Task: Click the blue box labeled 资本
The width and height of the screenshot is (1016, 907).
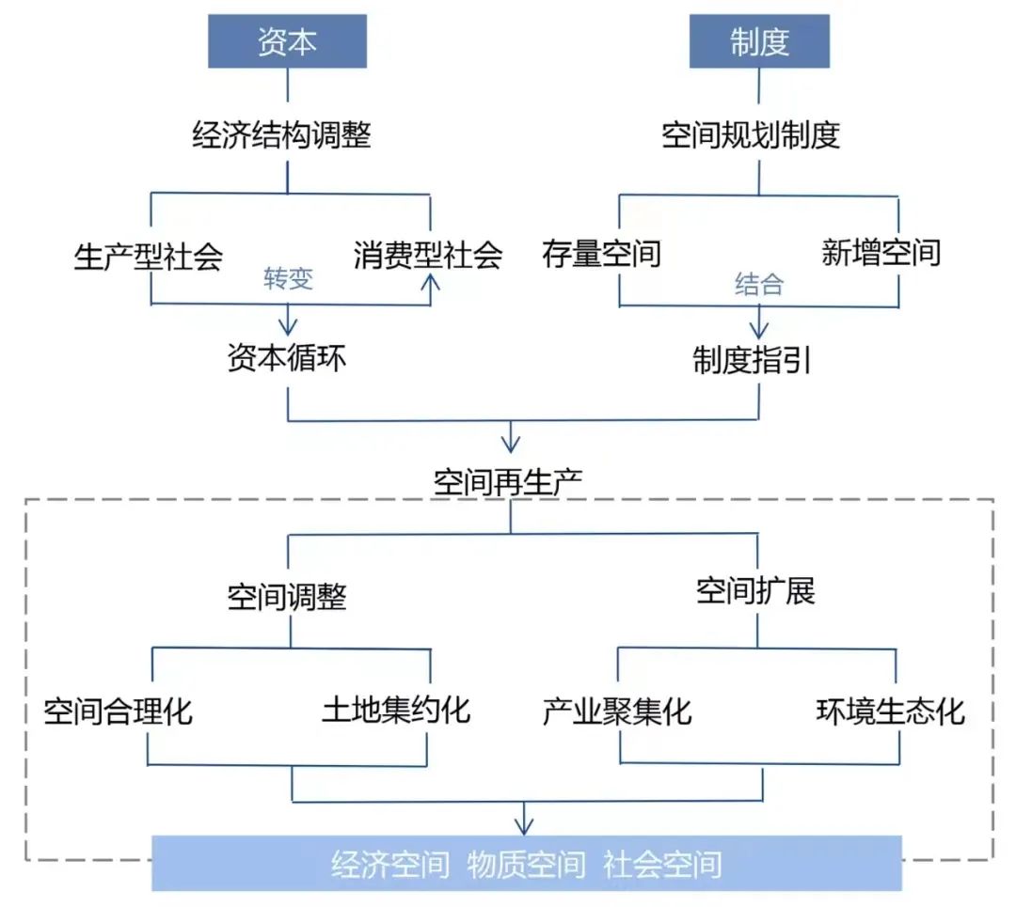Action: tap(287, 42)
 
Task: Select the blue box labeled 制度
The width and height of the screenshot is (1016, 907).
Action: tap(759, 42)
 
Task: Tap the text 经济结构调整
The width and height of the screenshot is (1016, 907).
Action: tap(281, 136)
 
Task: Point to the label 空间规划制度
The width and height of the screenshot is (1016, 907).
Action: tap(750, 136)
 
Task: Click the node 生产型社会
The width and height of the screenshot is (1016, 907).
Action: tap(148, 256)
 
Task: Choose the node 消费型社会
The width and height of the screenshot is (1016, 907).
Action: tap(428, 256)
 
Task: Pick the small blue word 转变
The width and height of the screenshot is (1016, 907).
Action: tap(288, 280)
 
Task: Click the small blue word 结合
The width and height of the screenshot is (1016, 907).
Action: tap(758, 285)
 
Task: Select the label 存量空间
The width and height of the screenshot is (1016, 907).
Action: tap(601, 253)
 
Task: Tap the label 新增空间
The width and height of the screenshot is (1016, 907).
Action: tap(881, 253)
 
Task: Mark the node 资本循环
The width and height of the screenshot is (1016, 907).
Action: tap(286, 358)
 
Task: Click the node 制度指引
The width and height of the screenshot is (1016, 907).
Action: tap(752, 361)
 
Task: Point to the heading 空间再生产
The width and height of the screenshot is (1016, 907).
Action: tap(508, 482)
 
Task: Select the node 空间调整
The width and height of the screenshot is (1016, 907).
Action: tap(287, 597)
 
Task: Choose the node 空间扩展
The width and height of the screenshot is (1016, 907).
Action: tap(755, 591)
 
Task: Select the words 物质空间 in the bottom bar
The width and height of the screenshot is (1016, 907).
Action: tap(526, 864)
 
